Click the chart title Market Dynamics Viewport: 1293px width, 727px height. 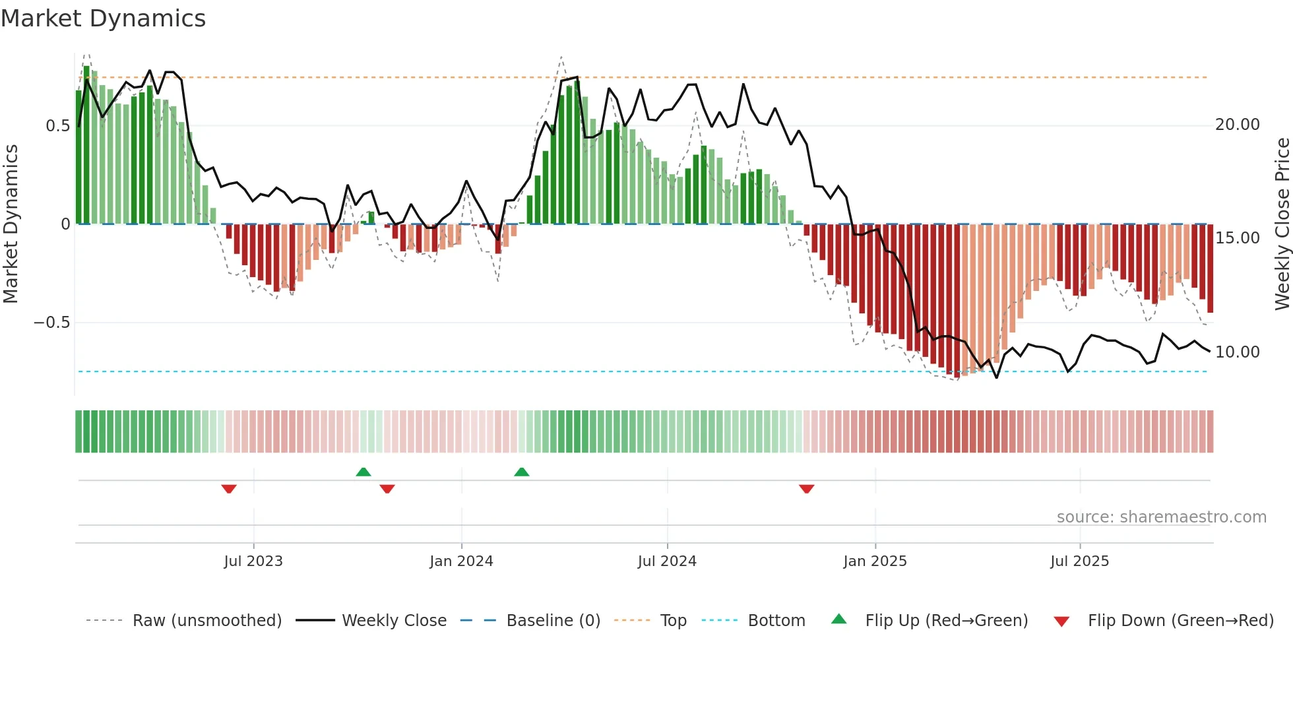tap(104, 18)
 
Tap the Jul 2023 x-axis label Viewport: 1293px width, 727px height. tap(253, 561)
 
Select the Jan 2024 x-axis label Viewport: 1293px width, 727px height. tap(461, 561)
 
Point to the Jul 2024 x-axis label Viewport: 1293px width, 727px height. tap(667, 561)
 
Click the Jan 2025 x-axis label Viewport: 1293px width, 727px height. tap(875, 561)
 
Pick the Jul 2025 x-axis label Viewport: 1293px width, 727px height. tap(1079, 561)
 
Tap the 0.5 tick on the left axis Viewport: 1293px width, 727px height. tap(57, 125)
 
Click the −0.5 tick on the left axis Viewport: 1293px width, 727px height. tap(52, 323)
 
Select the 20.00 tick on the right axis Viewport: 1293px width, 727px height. tap(1237, 125)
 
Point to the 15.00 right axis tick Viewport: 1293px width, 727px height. tap(1237, 238)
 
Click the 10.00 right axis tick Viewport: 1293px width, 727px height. tap(1237, 352)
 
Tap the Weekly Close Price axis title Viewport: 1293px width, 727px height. tap(1282, 224)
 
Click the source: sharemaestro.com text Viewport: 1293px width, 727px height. tap(1161, 517)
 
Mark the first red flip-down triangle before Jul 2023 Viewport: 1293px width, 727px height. tap(229, 489)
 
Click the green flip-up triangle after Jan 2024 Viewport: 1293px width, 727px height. tap(521, 472)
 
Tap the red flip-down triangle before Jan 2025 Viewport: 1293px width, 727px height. tap(806, 489)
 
